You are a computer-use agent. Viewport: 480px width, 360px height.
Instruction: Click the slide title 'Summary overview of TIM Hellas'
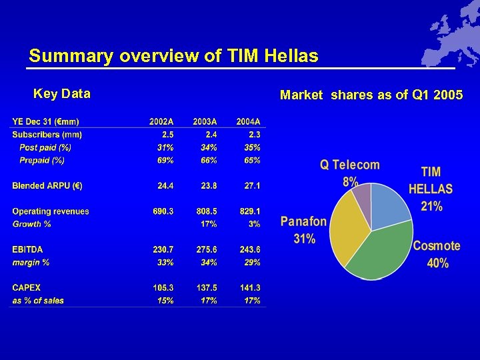173,56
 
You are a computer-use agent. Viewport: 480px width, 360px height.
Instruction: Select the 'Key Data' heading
62,94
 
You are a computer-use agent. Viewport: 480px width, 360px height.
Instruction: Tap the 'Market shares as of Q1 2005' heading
371,95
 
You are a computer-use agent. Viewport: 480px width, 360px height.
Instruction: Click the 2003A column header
205,121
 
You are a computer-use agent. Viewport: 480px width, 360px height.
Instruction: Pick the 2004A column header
248,121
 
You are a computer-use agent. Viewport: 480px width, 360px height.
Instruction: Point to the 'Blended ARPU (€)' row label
47,185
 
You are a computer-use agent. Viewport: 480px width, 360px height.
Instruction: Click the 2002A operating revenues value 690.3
163,211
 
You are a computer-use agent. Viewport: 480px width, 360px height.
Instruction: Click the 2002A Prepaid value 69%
165,161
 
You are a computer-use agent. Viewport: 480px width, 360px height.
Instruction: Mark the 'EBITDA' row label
27,249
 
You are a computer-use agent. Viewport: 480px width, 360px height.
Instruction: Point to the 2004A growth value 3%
254,224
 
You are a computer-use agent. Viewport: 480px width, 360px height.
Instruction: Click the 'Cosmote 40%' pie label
437,254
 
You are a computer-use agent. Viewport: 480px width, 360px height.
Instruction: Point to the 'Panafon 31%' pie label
303,230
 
